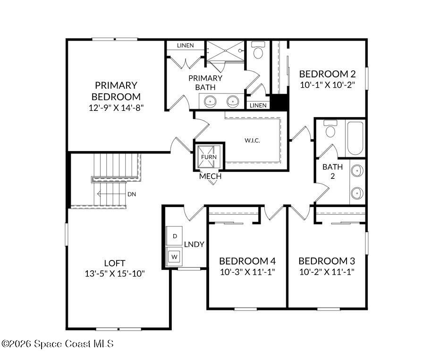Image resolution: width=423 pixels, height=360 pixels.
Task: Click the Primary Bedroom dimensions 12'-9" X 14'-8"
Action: coord(116,107)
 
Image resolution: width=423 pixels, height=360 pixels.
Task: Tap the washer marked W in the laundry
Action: coord(174,256)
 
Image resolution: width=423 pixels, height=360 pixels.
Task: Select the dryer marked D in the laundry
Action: coord(174,235)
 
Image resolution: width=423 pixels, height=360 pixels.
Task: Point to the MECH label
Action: coord(210,176)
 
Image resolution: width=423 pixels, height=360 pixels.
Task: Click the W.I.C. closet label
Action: coord(252,141)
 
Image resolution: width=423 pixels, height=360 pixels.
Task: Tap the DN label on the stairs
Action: coord(132,194)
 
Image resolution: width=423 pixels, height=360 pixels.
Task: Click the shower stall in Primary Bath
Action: coord(226,50)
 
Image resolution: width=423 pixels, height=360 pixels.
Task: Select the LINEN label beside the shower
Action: coord(185,46)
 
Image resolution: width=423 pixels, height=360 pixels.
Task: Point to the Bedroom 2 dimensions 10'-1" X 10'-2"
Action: coord(327,84)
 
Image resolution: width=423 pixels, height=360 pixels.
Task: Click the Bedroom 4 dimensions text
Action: coord(247,272)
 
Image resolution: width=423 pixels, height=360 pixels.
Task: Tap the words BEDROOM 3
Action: coord(327,261)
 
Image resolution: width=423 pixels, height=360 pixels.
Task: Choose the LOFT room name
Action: coord(115,263)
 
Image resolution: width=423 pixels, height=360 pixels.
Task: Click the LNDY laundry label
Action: coord(194,244)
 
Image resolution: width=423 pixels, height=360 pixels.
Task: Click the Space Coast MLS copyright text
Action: coord(58,344)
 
